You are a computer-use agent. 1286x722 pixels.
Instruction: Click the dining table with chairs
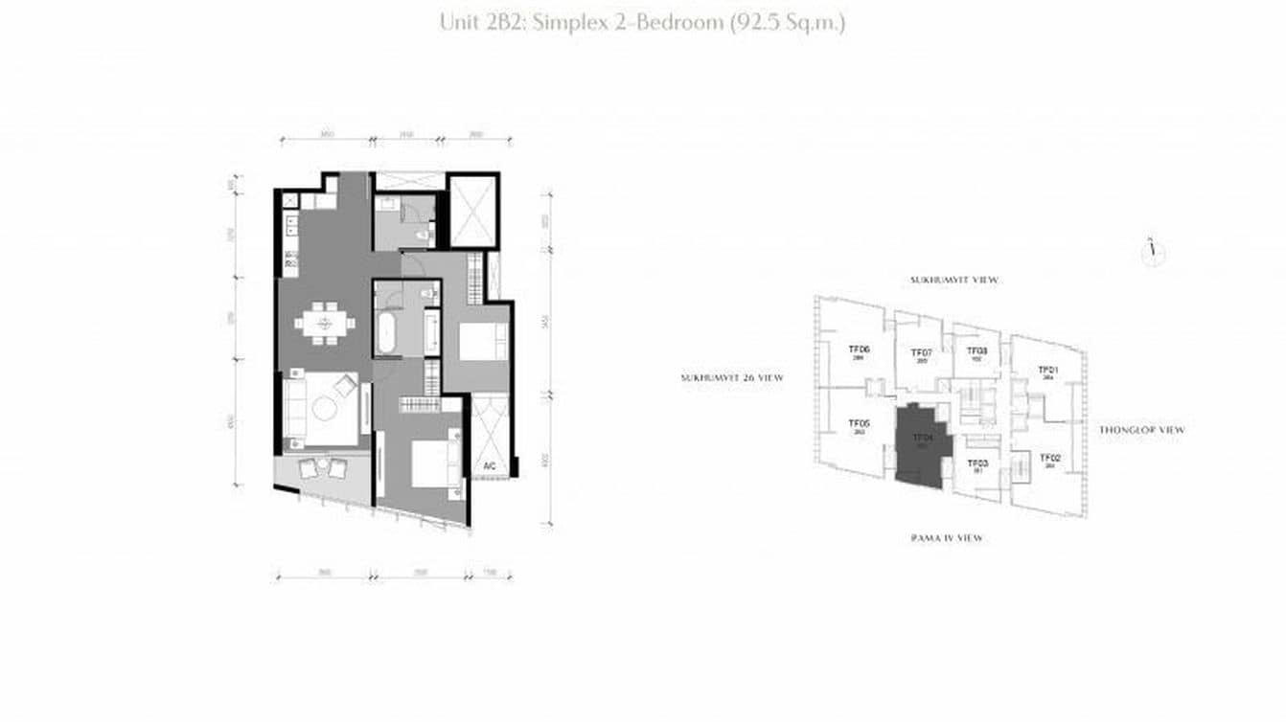324,322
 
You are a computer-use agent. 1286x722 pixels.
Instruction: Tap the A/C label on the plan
489,466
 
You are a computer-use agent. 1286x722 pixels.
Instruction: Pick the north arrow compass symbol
1153,252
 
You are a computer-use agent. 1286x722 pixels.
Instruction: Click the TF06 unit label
858,350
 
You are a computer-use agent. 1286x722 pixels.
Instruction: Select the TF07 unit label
921,353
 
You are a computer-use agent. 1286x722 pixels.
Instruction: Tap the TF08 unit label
976,351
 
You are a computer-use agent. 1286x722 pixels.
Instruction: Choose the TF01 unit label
1048,371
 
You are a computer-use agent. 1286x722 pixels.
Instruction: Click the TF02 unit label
1049,459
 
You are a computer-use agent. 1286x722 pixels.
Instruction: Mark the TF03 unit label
978,463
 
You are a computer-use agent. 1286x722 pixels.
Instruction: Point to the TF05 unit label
859,424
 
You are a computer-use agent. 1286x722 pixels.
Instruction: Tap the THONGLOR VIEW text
1141,430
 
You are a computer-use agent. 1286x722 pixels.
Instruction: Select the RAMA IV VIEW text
946,538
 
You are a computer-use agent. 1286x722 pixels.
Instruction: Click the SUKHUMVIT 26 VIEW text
732,378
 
